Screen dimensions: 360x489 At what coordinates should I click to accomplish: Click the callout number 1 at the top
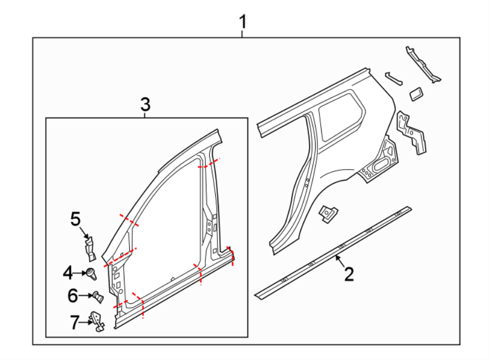tap(243, 22)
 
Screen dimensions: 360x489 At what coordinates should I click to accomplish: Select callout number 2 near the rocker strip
tap(349, 274)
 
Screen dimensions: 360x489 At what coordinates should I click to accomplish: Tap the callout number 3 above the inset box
tap(145, 104)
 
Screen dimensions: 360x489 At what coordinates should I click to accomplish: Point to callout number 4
tap(67, 272)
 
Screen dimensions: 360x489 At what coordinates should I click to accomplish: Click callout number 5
tap(75, 219)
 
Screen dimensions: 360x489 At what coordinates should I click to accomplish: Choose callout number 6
tap(73, 296)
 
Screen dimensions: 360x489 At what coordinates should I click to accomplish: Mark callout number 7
tap(74, 322)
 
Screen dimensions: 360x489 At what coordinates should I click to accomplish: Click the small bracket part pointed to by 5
tap(90, 247)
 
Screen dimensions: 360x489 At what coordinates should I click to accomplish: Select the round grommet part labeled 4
tap(91, 273)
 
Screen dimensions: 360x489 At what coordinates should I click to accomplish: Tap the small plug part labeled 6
tap(97, 297)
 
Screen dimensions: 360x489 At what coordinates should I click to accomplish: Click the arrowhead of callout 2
tap(338, 257)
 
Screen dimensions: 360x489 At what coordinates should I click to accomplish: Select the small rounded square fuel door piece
tap(416, 94)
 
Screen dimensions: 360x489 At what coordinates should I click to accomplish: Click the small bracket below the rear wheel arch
tap(329, 213)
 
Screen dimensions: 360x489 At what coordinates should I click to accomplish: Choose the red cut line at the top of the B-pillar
tap(209, 164)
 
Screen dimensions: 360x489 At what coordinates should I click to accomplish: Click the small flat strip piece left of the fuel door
tap(394, 78)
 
